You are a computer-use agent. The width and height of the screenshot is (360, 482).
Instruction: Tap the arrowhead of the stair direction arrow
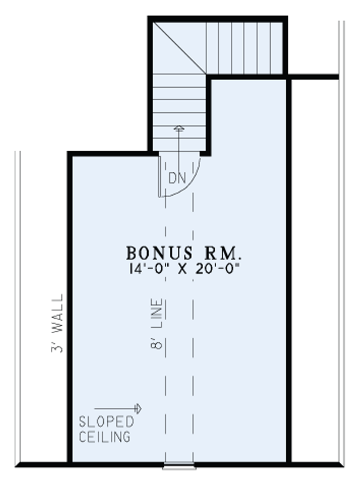coord(178,128)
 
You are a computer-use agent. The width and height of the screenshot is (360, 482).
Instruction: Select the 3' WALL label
coord(58,324)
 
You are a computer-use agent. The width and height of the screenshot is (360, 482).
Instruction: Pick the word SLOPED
coord(107,422)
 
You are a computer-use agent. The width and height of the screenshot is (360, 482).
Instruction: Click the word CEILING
coord(105,436)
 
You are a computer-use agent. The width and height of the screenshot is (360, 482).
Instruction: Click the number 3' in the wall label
coord(58,348)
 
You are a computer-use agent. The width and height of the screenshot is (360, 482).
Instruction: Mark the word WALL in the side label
coord(58,316)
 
